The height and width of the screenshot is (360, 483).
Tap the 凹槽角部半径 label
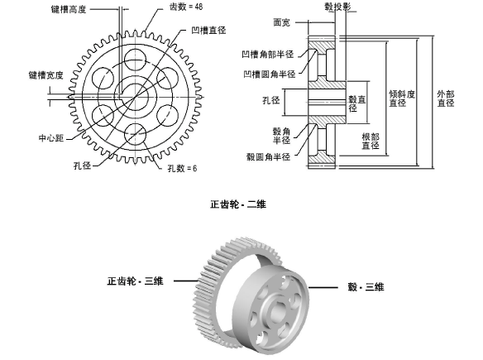tap(271, 57)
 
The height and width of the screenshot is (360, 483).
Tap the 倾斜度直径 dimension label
tap(398, 98)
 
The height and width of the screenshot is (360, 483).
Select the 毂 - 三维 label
tap(366, 286)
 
